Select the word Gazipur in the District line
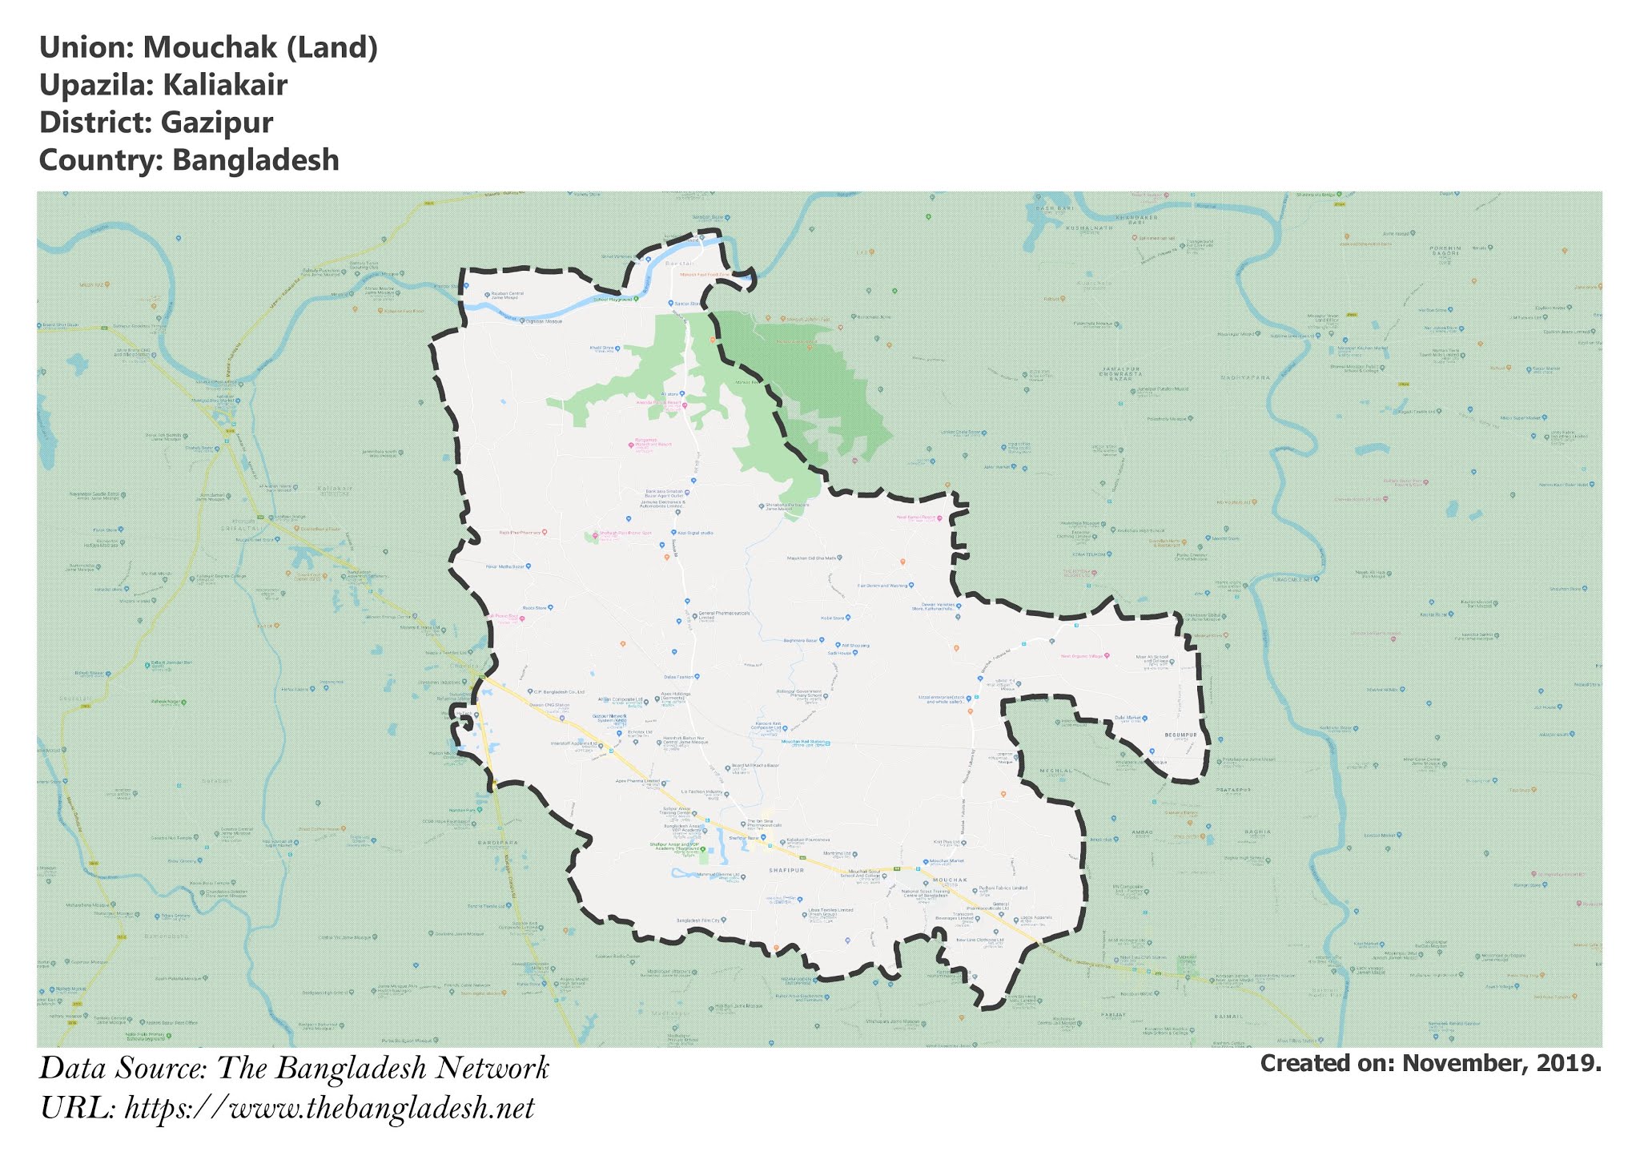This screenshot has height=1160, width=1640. click(216, 123)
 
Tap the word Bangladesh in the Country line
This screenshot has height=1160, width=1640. click(255, 160)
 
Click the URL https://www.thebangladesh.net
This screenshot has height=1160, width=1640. click(329, 1109)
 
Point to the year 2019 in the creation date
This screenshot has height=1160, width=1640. click(1571, 1063)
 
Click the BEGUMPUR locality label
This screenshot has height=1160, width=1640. click(1180, 734)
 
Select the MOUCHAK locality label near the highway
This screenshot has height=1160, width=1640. click(950, 880)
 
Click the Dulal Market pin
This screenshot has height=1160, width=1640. click(1144, 719)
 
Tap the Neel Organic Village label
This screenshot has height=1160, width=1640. click(1082, 656)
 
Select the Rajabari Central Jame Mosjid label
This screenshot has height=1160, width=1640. click(507, 295)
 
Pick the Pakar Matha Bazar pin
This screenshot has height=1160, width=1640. click(528, 566)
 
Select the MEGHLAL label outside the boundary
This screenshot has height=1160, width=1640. click(1055, 771)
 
